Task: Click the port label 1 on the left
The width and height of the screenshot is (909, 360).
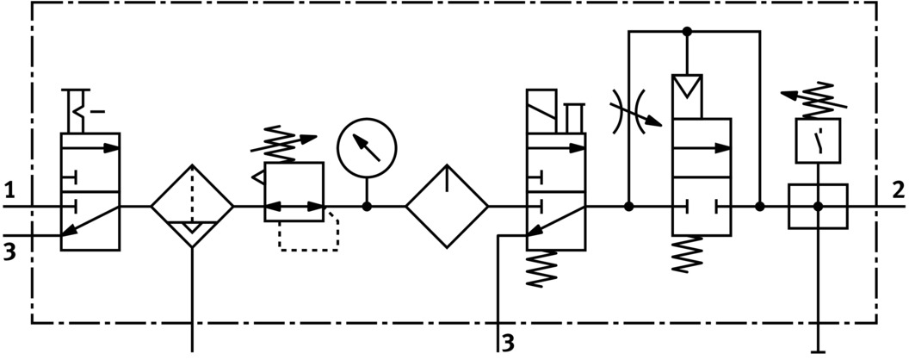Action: [9, 188]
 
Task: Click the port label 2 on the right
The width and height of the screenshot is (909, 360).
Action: [897, 188]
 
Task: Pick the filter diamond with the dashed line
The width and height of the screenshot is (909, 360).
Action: [192, 207]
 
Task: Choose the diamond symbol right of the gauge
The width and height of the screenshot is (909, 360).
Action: [448, 207]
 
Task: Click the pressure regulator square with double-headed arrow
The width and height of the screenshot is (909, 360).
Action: [294, 185]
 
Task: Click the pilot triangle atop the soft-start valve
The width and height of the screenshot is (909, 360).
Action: [688, 86]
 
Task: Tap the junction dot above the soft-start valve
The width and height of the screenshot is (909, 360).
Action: [687, 32]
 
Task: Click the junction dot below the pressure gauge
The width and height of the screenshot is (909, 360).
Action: [367, 207]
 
